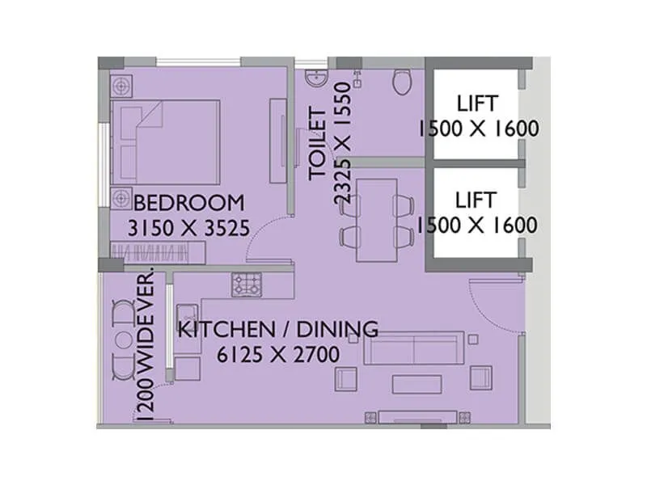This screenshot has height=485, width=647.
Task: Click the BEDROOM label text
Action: pos(188,202)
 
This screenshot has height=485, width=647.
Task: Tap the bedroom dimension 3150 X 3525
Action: pos(188,228)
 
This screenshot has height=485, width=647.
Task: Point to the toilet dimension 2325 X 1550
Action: pos(343,146)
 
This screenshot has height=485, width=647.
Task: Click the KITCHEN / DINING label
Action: pos(278,329)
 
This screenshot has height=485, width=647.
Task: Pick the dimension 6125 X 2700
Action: pos(278,354)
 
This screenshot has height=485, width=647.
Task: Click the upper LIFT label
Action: pos(477,103)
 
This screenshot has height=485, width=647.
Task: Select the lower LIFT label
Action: pos(477,198)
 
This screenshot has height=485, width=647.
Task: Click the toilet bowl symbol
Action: pos(401,82)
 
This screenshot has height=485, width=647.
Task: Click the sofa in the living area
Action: pos(413,348)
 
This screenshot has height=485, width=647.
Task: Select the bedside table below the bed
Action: pos(121,196)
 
